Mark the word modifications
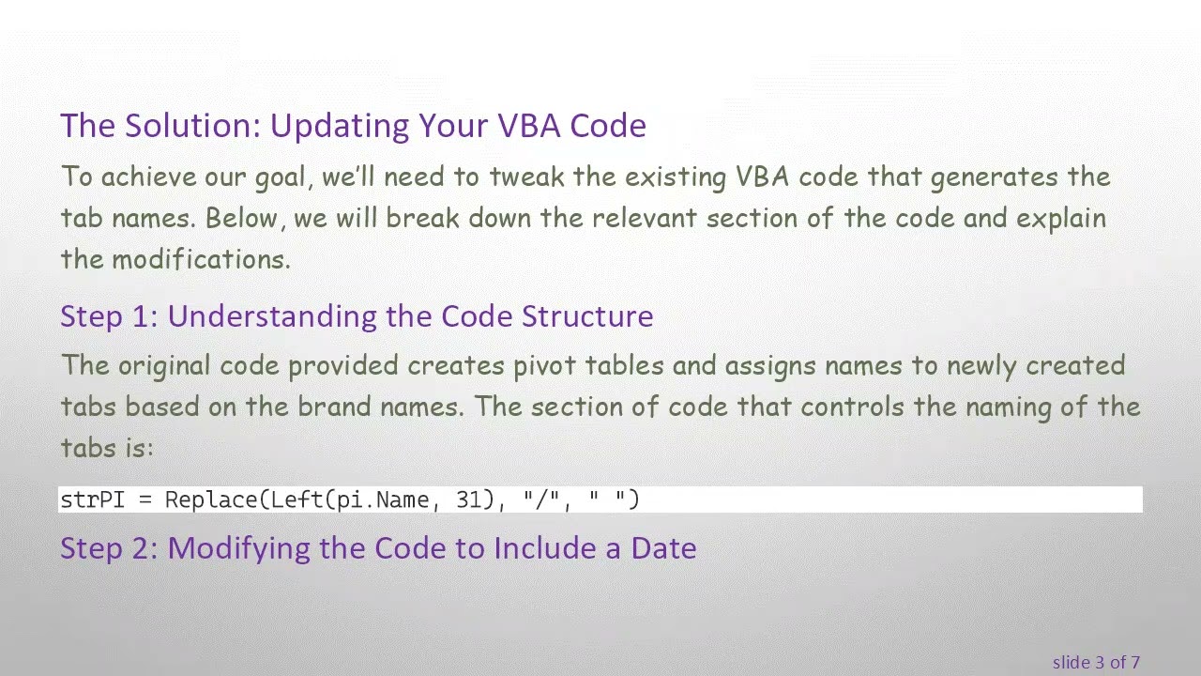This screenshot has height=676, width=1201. tap(201, 260)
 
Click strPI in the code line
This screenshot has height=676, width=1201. tap(92, 499)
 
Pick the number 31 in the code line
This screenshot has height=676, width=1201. tap(468, 499)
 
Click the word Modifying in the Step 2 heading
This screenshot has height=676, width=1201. tap(239, 548)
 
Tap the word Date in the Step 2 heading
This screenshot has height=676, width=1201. tap(663, 548)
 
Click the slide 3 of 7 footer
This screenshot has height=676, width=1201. tap(1096, 663)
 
